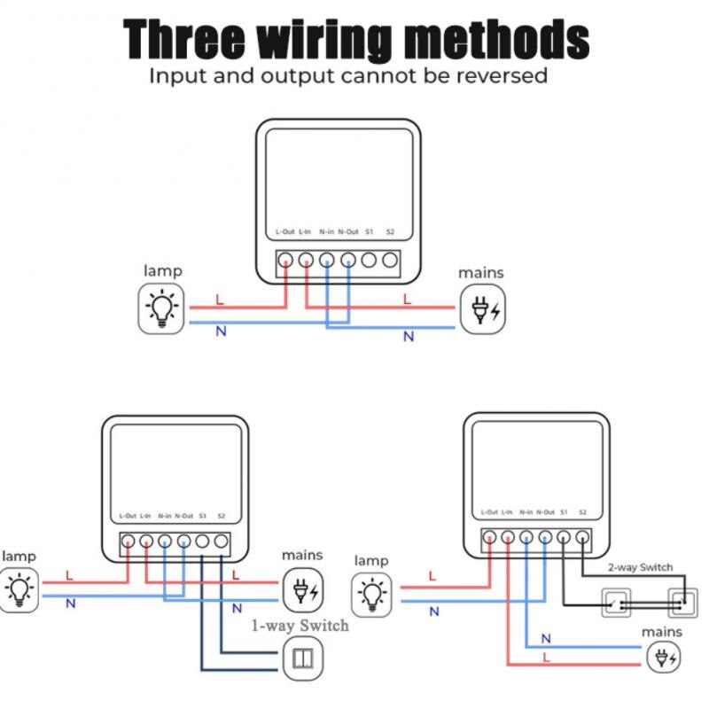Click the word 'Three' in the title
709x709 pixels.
click(182, 40)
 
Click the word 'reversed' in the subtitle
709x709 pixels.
click(502, 75)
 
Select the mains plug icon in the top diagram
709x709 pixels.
click(482, 310)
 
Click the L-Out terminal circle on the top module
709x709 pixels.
click(285, 261)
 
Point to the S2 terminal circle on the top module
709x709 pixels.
click(390, 261)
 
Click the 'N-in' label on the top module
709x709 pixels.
click(326, 232)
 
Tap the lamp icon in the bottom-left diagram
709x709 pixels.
click(19, 589)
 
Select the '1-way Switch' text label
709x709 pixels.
click(300, 626)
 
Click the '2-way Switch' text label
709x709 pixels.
click(640, 567)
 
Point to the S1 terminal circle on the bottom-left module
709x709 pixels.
click(202, 541)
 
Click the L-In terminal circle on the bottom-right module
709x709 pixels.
click(508, 537)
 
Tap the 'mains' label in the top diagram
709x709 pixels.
click(480, 273)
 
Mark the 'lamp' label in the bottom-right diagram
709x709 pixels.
click(370, 561)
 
